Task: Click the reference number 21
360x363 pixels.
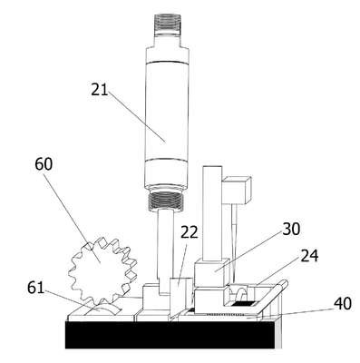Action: coord(100,90)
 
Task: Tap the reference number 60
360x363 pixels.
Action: coord(44,164)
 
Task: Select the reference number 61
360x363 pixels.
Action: coord(35,288)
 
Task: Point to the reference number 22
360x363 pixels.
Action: coord(190,232)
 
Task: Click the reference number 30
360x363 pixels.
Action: coord(291,229)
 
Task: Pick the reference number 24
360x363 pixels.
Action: coord(309,256)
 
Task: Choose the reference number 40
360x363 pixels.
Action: coord(343,303)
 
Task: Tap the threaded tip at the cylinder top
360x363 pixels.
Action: coord(168,23)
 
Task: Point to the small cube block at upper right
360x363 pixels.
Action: coord(237,190)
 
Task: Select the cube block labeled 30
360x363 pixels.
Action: coord(211,272)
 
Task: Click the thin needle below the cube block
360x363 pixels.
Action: coord(234,242)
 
